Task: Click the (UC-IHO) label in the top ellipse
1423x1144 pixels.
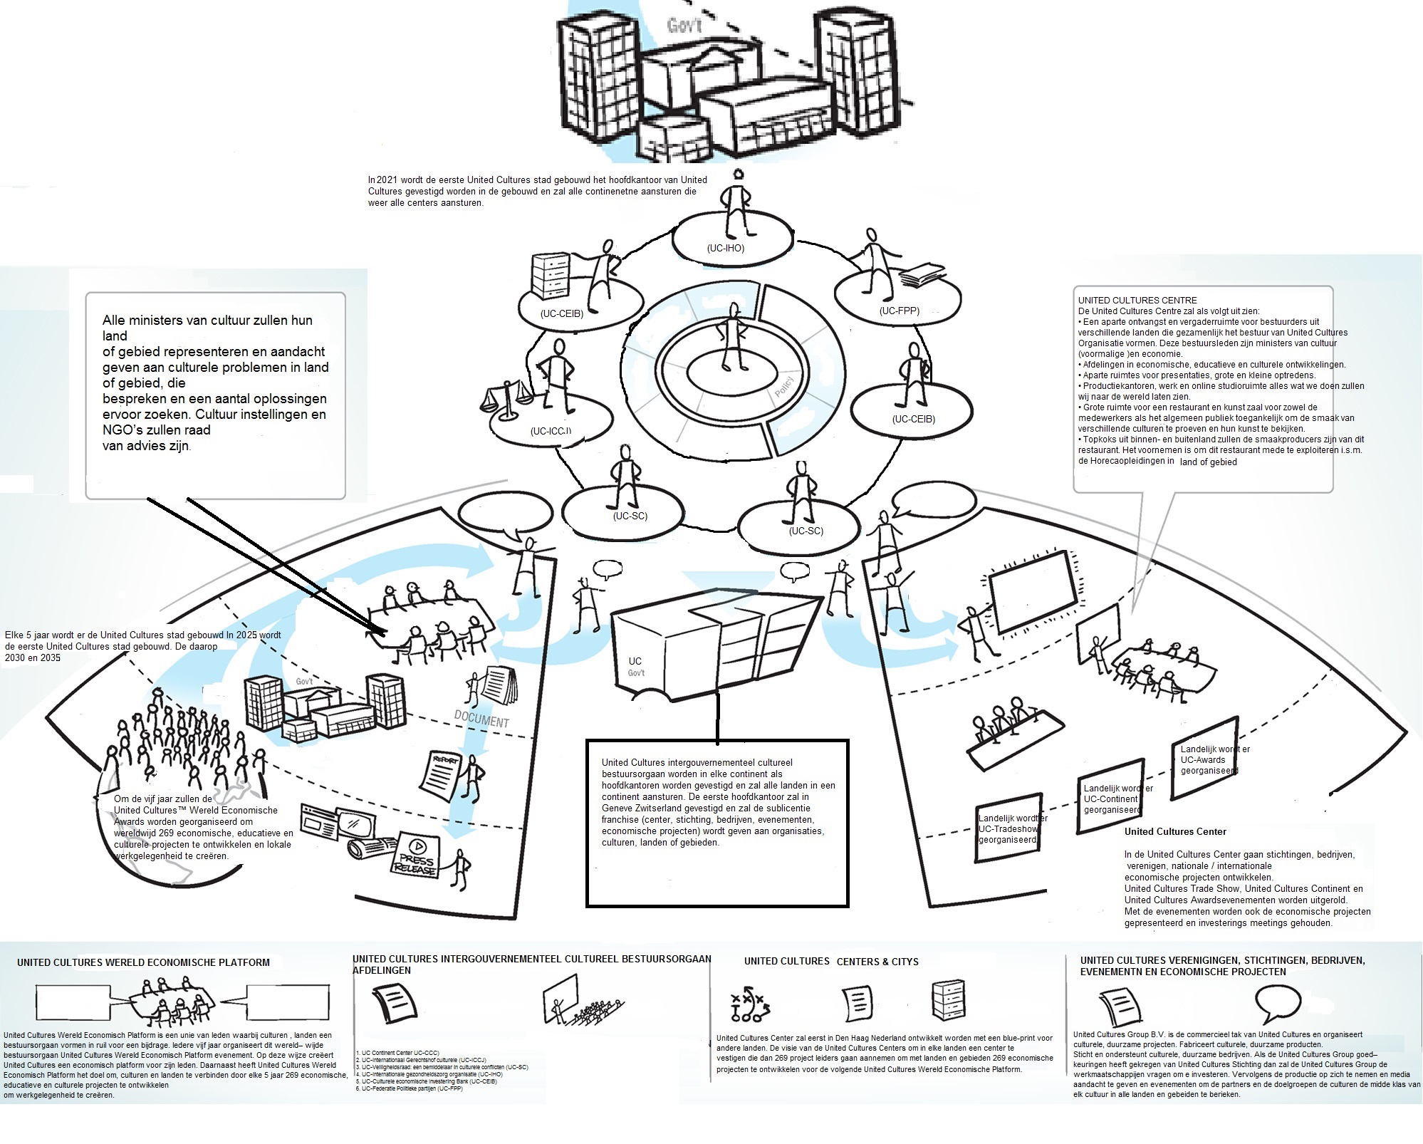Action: (725, 249)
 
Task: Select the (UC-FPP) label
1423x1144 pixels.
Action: (899, 311)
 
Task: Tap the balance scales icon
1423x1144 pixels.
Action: (508, 399)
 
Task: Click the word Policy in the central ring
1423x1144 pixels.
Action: (783, 387)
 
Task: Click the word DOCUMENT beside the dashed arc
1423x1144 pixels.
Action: (481, 719)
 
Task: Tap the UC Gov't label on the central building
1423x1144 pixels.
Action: (635, 667)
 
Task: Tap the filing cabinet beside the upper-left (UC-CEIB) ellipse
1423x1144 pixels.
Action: (551, 275)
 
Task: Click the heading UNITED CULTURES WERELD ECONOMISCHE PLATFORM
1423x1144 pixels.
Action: (143, 962)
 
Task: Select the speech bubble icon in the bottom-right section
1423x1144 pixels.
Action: (1277, 1003)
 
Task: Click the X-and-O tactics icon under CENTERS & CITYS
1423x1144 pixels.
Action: (749, 1004)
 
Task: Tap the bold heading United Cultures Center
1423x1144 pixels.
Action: (1175, 831)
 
